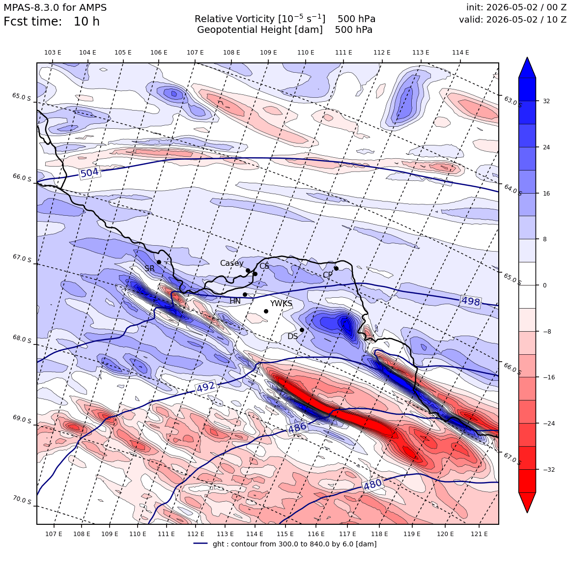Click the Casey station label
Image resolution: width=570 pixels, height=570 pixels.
coord(231,263)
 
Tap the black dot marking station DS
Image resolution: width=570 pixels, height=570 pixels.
coord(302,330)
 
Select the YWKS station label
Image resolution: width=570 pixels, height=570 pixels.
coord(281,304)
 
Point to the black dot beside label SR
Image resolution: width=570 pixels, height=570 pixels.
coord(159,262)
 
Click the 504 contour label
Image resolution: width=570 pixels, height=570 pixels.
coord(89,173)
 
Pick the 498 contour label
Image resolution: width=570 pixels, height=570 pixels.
coord(471,301)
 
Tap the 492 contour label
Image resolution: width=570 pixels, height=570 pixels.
coord(206,387)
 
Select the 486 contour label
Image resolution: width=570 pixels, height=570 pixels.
coord(297,427)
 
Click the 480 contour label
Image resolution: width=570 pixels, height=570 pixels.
coord(373,484)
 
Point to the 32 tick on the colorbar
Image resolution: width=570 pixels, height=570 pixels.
coord(546,101)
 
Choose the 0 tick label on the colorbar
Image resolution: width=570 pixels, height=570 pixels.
coord(544,285)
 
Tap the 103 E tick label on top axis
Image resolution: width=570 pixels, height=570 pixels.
coord(53,53)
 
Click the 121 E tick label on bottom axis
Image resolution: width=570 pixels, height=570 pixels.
coord(479,534)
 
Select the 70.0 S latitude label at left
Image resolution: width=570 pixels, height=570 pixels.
coord(22,500)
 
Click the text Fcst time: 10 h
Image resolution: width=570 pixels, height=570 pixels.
coord(52,22)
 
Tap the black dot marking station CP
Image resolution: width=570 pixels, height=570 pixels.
coord(336,269)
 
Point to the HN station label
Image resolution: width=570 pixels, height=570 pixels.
coord(235,301)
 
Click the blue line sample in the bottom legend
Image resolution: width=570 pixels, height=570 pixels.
coord(200,543)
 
